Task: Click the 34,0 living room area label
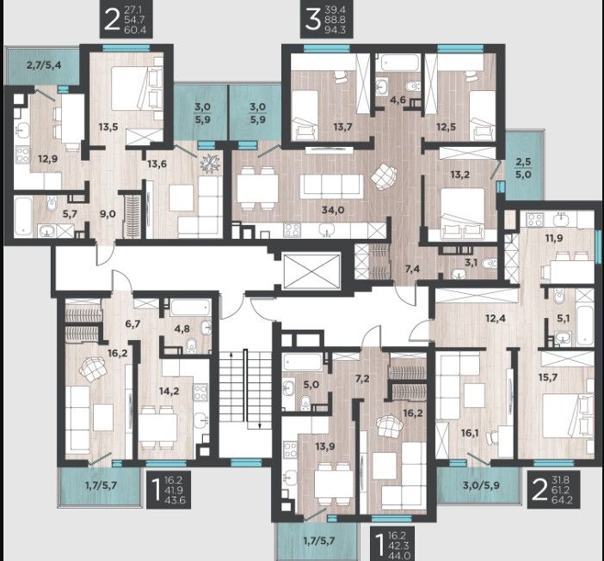[x=333, y=210]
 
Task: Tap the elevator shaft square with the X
[x=311, y=271]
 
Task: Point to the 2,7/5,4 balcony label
[x=44, y=64]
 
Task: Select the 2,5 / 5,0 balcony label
[x=523, y=168]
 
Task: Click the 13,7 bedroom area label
[x=342, y=126]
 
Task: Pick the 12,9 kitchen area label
[x=48, y=158]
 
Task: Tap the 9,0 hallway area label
[x=108, y=214]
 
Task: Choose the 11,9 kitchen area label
[x=553, y=238]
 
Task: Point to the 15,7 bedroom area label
[x=548, y=377]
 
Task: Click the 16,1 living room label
[x=470, y=433]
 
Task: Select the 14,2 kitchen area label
[x=169, y=391]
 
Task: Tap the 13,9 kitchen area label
[x=325, y=447]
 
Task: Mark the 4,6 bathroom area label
[x=398, y=100]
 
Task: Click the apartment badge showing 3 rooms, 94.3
[x=327, y=20]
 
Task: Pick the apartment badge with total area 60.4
[x=126, y=20]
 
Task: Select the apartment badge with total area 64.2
[x=553, y=489]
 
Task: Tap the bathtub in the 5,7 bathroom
[x=23, y=216]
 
